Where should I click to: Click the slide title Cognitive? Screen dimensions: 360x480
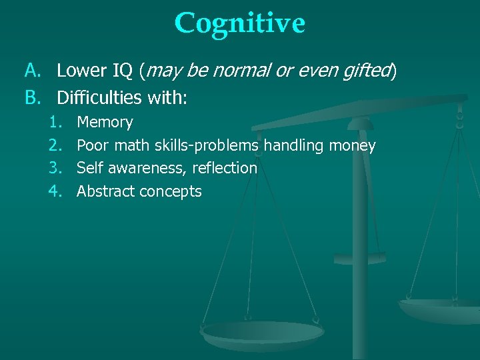tap(239, 23)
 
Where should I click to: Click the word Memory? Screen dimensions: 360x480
tap(105, 123)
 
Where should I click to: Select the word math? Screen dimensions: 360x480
tap(134, 145)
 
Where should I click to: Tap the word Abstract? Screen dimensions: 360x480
tap(105, 191)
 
